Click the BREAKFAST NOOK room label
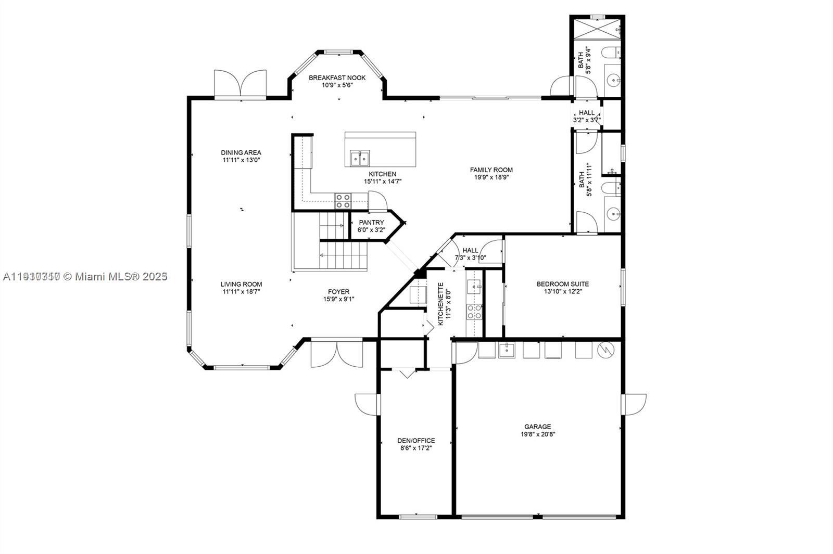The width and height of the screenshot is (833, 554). (x=337, y=78)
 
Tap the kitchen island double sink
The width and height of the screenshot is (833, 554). (x=359, y=157)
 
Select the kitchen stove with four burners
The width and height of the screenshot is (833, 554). (x=343, y=201)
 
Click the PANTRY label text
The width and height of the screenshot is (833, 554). (x=371, y=223)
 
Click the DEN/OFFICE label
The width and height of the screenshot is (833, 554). (x=416, y=441)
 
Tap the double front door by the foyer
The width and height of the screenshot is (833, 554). (x=337, y=354)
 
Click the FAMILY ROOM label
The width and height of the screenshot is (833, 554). (x=491, y=170)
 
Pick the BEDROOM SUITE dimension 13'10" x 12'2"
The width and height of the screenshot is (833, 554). (x=563, y=291)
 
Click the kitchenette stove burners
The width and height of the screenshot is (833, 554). (x=474, y=312)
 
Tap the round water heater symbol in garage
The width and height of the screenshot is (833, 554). (x=605, y=350)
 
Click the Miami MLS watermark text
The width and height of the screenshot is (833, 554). (x=85, y=276)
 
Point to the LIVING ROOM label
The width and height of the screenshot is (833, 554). (x=241, y=284)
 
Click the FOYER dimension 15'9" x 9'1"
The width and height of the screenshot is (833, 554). (x=338, y=299)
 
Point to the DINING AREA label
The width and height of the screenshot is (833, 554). (x=241, y=152)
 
